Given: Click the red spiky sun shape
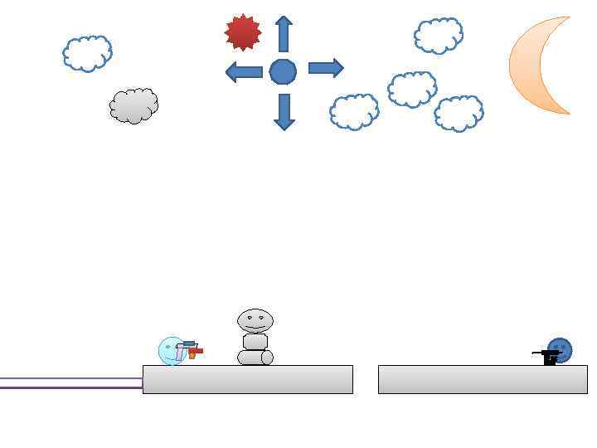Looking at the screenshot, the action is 243,32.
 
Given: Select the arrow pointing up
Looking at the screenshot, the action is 284,34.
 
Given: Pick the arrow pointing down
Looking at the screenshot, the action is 284,111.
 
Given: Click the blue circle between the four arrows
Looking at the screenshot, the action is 283,72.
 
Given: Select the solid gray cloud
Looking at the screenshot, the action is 133,105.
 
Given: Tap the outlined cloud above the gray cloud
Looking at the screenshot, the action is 87,54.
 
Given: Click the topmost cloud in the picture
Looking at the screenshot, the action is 438,36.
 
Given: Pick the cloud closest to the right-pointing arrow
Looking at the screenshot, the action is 354,112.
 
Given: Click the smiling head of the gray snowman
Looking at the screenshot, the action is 255,320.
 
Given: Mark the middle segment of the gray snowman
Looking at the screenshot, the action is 255,341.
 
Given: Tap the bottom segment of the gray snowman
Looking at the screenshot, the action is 255,358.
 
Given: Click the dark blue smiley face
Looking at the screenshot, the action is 561,349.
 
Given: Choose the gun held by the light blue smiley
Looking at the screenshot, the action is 191,349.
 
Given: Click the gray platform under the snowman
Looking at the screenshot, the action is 247,379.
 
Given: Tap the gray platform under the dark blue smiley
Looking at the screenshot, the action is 483,379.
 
